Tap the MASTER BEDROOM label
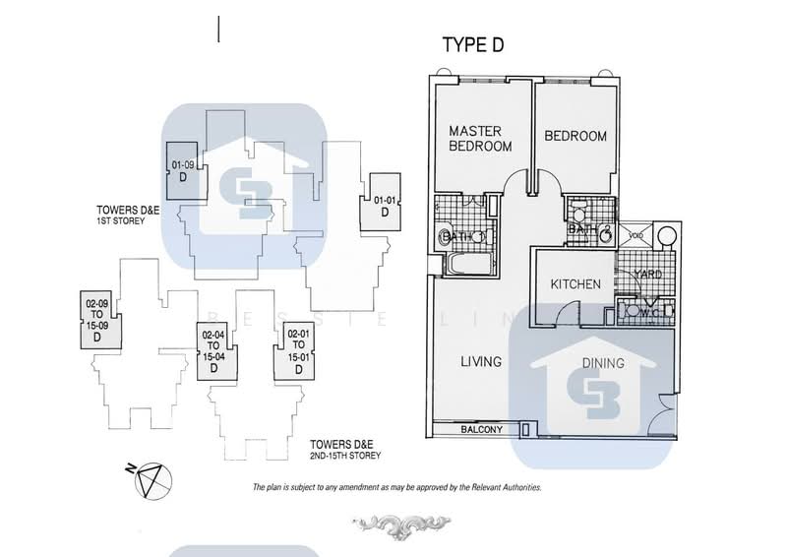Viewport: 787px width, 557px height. click(480, 138)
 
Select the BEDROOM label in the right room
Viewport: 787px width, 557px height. click(575, 136)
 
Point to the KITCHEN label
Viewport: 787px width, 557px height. click(575, 284)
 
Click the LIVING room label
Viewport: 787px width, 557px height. click(481, 362)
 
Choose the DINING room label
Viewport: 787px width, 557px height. click(602, 363)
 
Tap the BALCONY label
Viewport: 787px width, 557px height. click(481, 430)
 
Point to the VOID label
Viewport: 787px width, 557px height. click(636, 236)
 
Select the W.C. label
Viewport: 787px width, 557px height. click(648, 314)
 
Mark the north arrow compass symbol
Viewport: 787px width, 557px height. click(151, 481)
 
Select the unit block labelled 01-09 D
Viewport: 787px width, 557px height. click(182, 172)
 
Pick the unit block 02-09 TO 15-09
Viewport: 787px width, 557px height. click(97, 321)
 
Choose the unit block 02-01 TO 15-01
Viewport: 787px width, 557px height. click(299, 350)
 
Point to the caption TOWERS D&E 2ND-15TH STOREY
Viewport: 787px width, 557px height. click(343, 450)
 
